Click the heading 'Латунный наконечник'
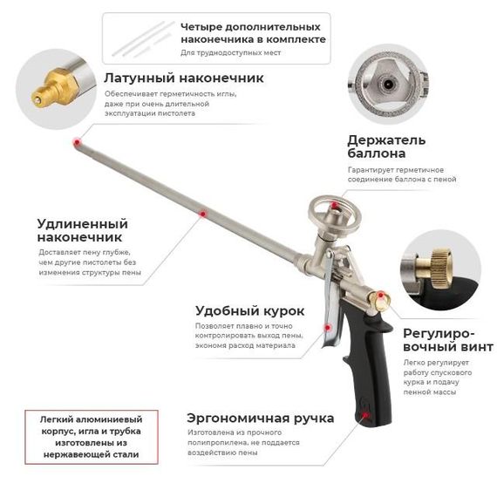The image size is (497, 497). click(x=184, y=78)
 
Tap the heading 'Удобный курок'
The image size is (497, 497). click(x=249, y=311)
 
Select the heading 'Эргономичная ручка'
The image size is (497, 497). click(x=260, y=419)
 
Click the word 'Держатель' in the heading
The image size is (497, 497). click(x=386, y=140)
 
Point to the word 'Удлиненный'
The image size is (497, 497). click(x=83, y=224)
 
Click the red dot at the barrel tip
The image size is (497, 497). click(x=77, y=142)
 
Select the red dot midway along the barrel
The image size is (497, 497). click(x=203, y=214)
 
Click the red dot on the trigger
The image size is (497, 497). click(x=328, y=328)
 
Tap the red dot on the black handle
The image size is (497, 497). click(x=365, y=415)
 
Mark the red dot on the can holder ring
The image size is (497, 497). click(x=334, y=206)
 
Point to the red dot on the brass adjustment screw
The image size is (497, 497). click(x=381, y=296)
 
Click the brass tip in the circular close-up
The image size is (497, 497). click(x=52, y=87)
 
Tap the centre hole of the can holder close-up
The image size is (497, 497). click(x=389, y=85)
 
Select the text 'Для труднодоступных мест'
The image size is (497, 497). click(x=231, y=52)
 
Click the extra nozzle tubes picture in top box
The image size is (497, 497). click(x=143, y=39)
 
